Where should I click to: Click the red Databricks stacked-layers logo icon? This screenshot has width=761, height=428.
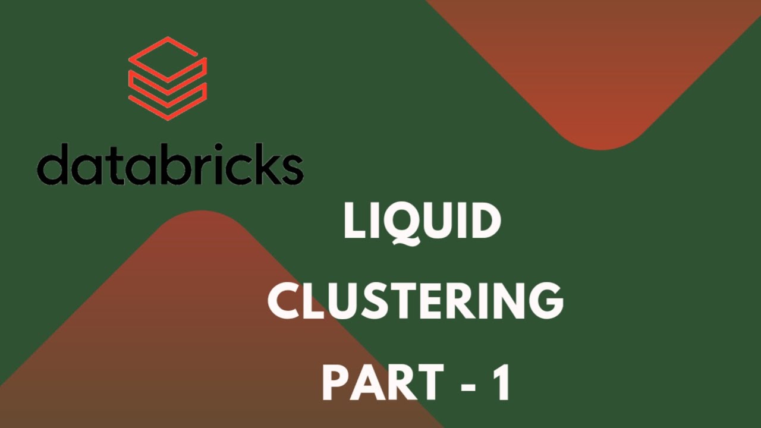(x=168, y=78)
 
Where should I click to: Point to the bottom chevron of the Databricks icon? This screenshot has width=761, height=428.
(x=168, y=101)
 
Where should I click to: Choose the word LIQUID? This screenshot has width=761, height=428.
(x=422, y=222)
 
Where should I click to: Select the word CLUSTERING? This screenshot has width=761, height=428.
(x=416, y=302)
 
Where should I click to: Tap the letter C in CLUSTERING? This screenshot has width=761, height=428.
(x=284, y=302)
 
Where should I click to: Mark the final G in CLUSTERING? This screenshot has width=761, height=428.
(x=546, y=302)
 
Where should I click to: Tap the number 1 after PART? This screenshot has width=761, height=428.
(x=500, y=383)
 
